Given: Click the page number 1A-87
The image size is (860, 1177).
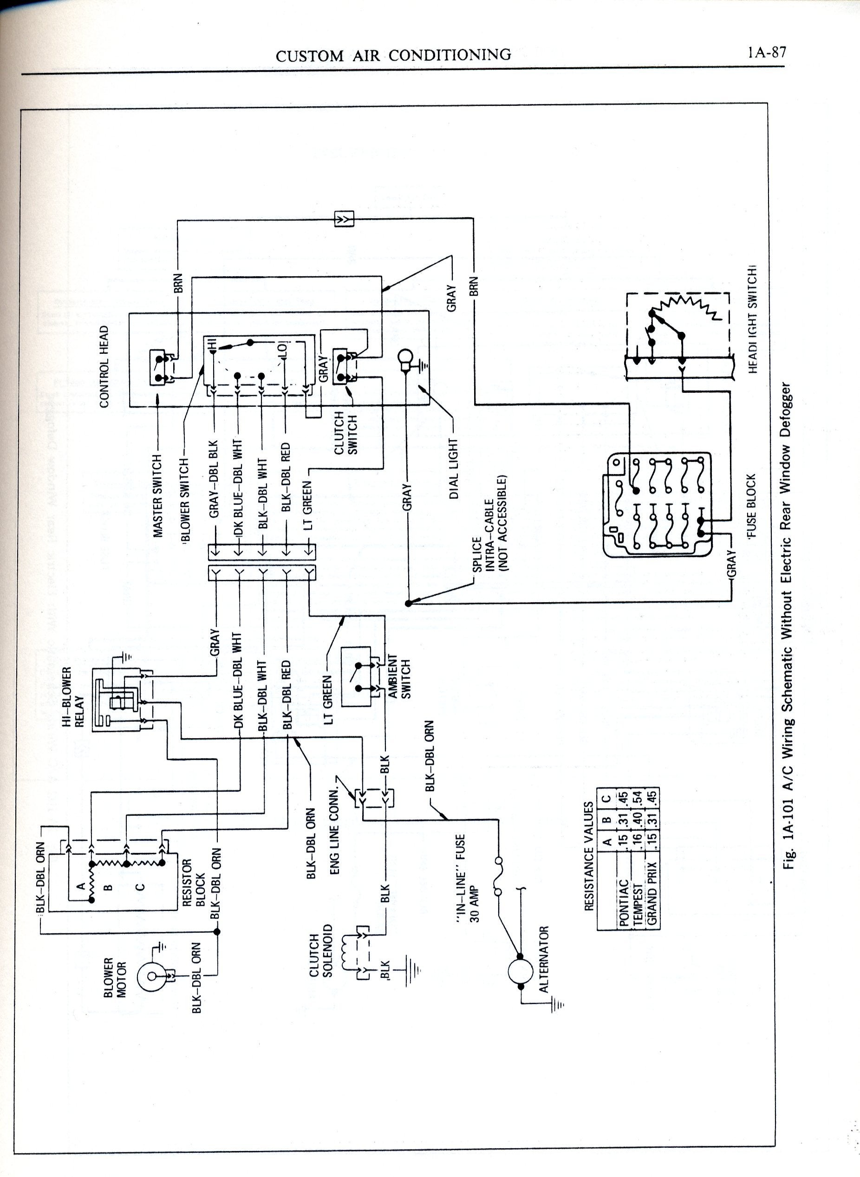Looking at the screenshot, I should coord(766,52).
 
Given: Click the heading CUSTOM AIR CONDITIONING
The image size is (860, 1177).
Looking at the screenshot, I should coord(393,55).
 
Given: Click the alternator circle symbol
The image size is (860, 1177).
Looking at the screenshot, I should coord(520,971).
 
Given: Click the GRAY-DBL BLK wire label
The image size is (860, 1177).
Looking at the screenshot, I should coord(214,480).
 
